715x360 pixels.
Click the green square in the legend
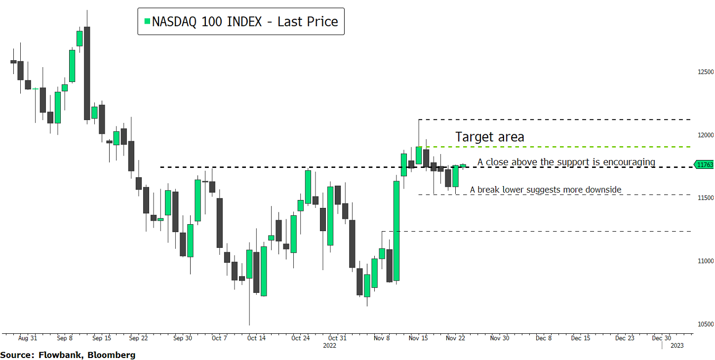pyautogui.click(x=147, y=21)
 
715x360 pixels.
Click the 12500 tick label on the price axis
pyautogui.click(x=705, y=72)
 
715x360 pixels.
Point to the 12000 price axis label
pyautogui.click(x=705, y=135)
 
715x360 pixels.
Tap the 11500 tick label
pyautogui.click(x=705, y=198)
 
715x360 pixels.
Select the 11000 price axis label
pyautogui.click(x=705, y=261)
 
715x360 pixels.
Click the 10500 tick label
pyautogui.click(x=705, y=324)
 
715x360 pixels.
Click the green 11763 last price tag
pyautogui.click(x=705, y=165)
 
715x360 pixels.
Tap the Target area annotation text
pyautogui.click(x=489, y=137)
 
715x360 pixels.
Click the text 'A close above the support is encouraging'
pyautogui.click(x=566, y=162)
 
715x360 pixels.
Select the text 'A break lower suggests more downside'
pyautogui.click(x=545, y=190)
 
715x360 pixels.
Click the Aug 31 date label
pyautogui.click(x=28, y=338)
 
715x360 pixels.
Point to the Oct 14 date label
pyautogui.click(x=256, y=338)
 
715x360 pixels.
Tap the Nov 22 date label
pyautogui.click(x=455, y=338)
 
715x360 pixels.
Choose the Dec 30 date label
pyautogui.click(x=661, y=338)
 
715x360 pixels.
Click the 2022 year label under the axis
pyautogui.click(x=329, y=346)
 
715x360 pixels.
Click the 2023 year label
pyautogui.click(x=677, y=346)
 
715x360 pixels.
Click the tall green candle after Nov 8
pyautogui.click(x=396, y=231)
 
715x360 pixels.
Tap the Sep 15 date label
pyautogui.click(x=101, y=338)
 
